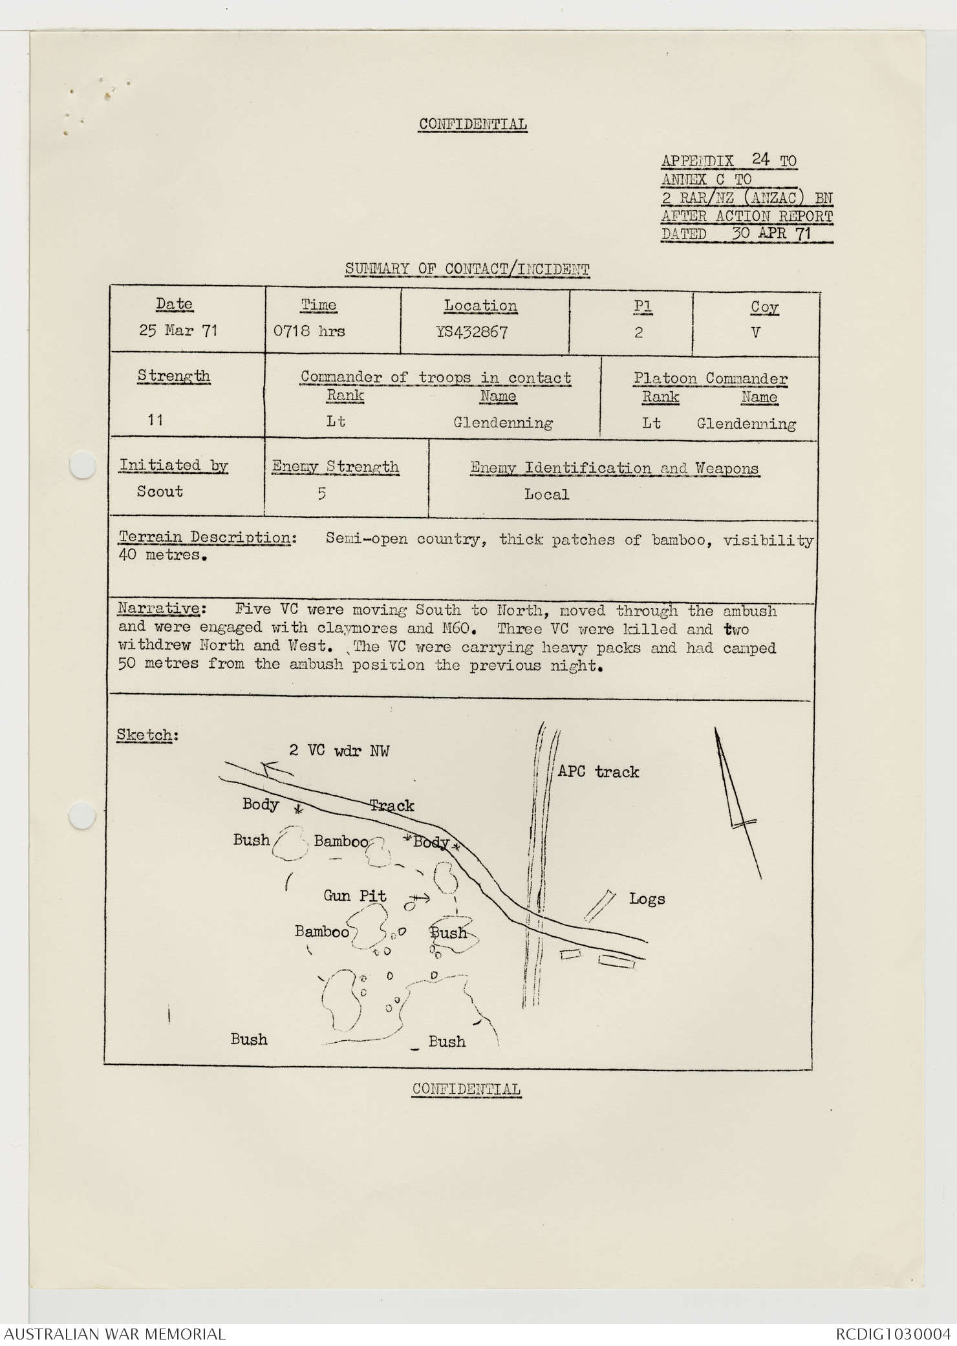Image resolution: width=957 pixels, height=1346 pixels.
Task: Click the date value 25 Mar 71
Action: click(178, 330)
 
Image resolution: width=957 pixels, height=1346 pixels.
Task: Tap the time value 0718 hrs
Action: click(309, 332)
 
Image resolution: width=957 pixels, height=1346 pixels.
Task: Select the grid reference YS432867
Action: click(472, 332)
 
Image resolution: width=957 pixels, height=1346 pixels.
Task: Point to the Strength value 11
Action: click(155, 420)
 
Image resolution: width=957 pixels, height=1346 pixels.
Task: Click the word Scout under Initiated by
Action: click(160, 491)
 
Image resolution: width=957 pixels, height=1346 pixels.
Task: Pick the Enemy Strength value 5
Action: click(321, 494)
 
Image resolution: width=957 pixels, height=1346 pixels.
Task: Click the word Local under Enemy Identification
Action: click(546, 495)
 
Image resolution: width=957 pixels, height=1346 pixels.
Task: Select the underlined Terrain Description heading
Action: click(204, 537)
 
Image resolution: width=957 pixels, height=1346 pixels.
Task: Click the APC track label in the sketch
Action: click(597, 771)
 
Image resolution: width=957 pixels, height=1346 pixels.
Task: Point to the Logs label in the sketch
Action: click(647, 899)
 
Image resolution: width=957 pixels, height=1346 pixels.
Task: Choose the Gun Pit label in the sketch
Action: click(355, 896)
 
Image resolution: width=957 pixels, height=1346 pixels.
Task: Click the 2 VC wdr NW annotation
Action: click(339, 750)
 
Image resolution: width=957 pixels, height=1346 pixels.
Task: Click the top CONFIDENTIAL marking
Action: click(473, 124)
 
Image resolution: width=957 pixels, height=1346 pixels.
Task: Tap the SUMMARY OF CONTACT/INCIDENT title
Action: click(467, 269)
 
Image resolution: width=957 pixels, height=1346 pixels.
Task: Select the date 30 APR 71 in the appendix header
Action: click(771, 233)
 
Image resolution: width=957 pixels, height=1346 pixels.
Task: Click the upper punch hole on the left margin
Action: click(83, 465)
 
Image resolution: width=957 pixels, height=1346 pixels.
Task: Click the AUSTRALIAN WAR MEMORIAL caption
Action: click(115, 1334)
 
